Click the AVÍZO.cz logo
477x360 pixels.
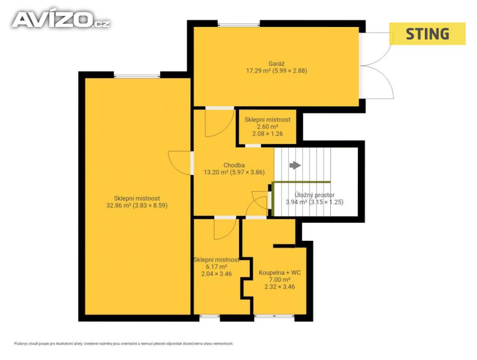point(61,20)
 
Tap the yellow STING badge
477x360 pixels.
point(428,34)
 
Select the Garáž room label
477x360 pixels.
point(277,64)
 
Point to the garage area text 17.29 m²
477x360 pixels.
point(258,71)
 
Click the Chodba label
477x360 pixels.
point(234,165)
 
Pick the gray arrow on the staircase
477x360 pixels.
point(295,165)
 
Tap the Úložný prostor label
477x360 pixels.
point(314,195)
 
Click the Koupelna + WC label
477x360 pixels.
point(279,273)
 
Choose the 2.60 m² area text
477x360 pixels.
point(267,127)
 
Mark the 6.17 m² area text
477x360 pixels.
point(216,267)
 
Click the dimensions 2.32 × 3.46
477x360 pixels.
point(279,287)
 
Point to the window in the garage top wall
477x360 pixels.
point(239,24)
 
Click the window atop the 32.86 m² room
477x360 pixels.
point(137,75)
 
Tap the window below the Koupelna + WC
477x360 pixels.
point(274,317)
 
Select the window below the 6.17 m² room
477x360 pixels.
point(210,317)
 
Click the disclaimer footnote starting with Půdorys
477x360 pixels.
point(124,344)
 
